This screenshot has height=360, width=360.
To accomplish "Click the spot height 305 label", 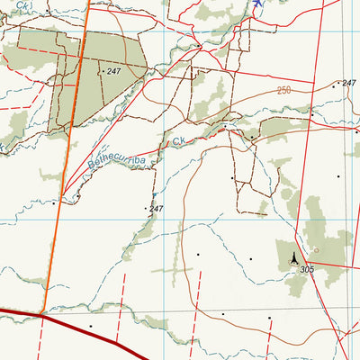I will tap(308, 270).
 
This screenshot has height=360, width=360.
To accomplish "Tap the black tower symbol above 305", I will tap(292, 259).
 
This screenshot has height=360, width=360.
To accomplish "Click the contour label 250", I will tap(285, 91).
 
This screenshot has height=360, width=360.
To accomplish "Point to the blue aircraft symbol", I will tap(258, 4).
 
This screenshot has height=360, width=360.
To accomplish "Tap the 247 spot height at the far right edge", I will tap(349, 84).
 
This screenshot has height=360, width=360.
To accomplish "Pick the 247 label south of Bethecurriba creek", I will tap(157, 209).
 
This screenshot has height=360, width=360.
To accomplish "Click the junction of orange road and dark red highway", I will tap(42, 314).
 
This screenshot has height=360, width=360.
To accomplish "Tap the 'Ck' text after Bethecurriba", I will tap(178, 141).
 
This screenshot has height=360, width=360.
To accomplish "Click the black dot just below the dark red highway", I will tap(90, 325).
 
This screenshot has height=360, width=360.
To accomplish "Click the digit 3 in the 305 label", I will tap(303, 270).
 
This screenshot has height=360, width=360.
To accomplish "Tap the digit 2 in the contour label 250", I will tap(280, 92).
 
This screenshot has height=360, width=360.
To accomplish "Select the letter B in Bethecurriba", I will tap(93, 166).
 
